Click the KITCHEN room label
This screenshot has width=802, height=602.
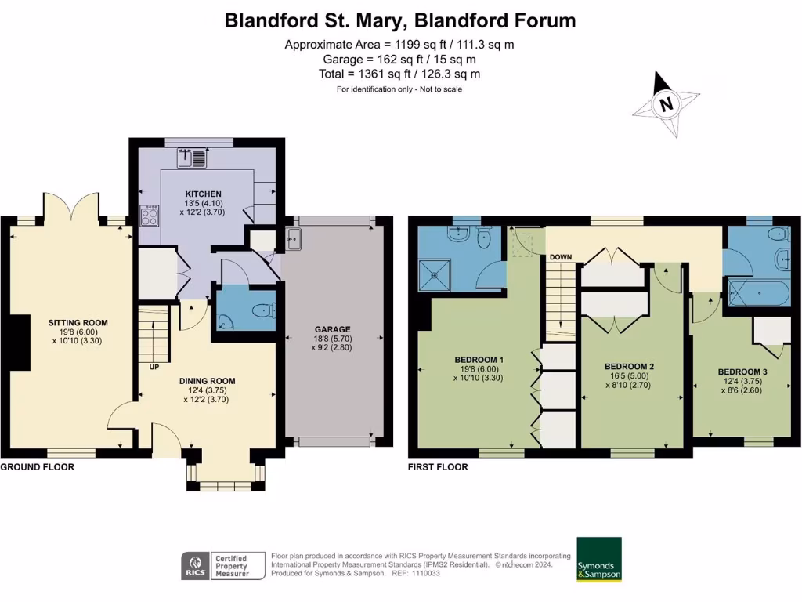[203, 194]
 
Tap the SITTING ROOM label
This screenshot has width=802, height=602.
[78, 322]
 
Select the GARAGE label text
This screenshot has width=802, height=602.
[334, 329]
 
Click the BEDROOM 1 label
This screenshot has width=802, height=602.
[479, 361]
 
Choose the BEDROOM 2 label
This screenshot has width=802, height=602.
[629, 366]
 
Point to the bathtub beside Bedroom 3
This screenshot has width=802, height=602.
[758, 295]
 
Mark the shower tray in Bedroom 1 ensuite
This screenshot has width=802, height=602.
[442, 270]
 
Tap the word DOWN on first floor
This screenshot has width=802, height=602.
[560, 257]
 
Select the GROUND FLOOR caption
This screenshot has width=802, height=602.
[38, 467]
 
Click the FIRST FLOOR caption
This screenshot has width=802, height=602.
[438, 467]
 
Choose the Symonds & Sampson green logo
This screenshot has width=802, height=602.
[599, 559]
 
